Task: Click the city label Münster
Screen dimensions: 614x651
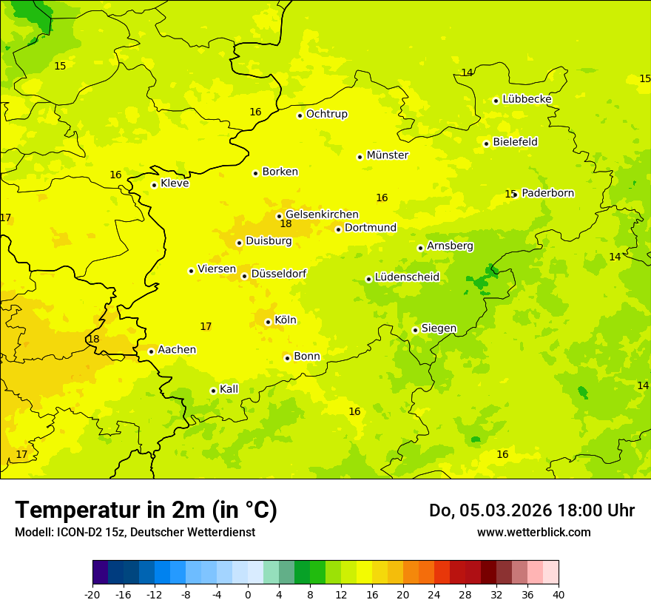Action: tap(388, 155)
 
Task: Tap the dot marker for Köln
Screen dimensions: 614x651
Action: tap(268, 322)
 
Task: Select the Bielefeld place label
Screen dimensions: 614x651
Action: tap(516, 142)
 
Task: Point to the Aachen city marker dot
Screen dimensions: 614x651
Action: tap(151, 351)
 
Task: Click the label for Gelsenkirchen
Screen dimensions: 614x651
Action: tap(322, 215)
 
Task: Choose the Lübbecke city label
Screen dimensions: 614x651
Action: tap(527, 99)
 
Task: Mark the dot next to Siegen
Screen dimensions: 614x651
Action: tap(415, 330)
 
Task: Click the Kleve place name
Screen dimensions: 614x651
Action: tap(175, 183)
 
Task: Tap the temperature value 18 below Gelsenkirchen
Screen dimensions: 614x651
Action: tap(286, 224)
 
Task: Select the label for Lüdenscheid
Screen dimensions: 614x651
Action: tap(407, 277)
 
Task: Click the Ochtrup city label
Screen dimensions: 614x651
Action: tap(327, 114)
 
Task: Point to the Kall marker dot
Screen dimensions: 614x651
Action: tap(213, 391)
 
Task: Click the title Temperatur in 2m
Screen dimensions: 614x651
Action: tap(146, 510)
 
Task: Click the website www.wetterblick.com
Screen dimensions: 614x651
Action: tap(533, 533)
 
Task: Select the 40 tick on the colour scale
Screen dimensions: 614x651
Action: tap(559, 595)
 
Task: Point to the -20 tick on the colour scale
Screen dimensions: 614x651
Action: tap(92, 595)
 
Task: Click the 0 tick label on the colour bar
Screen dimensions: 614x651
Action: tap(248, 595)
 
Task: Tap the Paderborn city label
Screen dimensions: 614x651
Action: tap(548, 193)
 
